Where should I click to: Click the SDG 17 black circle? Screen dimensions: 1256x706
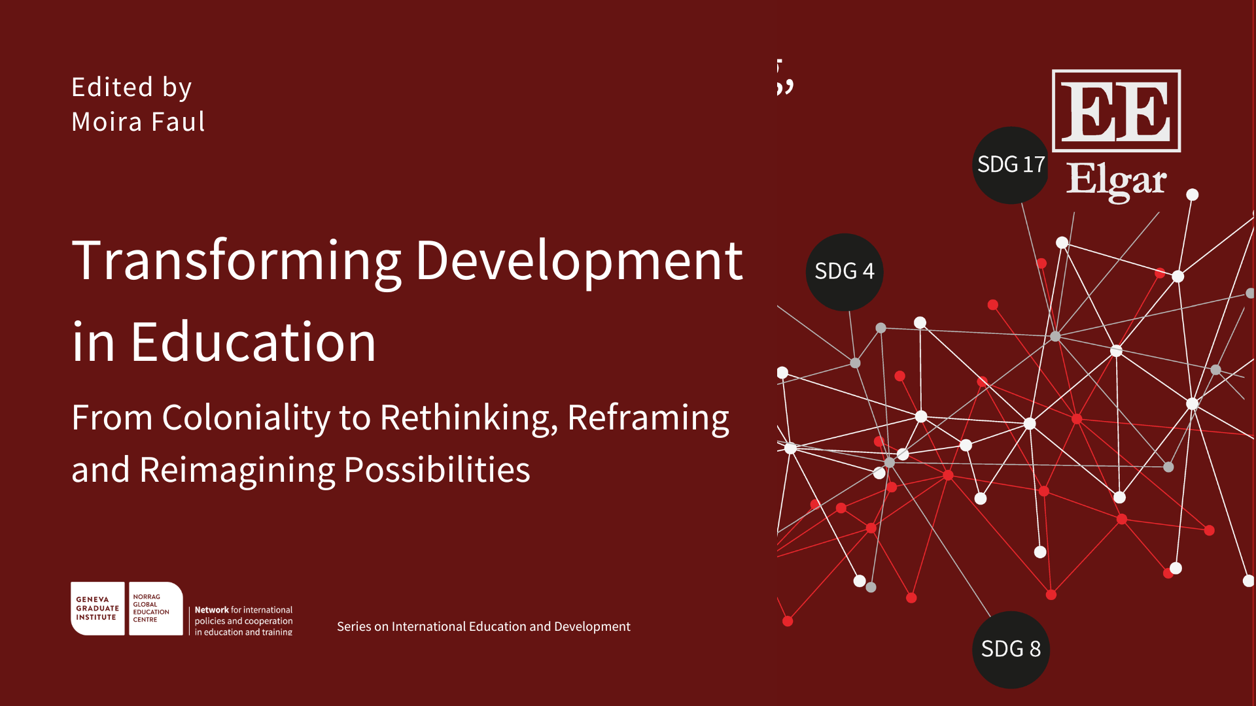(x=1011, y=165)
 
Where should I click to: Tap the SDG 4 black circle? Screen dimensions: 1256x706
(x=845, y=272)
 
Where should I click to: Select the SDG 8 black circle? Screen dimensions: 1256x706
(x=1011, y=650)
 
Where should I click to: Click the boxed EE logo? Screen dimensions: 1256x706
(x=1116, y=110)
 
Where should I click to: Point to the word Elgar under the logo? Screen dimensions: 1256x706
(x=1116, y=180)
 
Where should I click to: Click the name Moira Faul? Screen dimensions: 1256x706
(x=138, y=122)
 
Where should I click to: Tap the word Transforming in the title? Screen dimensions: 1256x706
(x=237, y=261)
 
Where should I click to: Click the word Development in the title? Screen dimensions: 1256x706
(x=580, y=261)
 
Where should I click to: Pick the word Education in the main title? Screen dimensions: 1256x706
(x=254, y=342)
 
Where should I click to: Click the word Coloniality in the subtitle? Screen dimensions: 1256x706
(x=247, y=418)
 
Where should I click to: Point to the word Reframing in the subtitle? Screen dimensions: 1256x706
(x=648, y=418)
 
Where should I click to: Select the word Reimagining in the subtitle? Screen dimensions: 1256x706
(x=237, y=471)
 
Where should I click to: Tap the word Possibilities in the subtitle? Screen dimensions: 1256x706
(x=437, y=470)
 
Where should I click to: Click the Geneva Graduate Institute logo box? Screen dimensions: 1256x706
(x=97, y=609)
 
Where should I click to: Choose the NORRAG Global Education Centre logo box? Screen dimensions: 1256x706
(x=156, y=609)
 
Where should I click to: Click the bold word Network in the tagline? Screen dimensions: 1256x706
(x=212, y=610)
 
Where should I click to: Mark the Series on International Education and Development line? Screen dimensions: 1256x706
(x=483, y=626)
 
